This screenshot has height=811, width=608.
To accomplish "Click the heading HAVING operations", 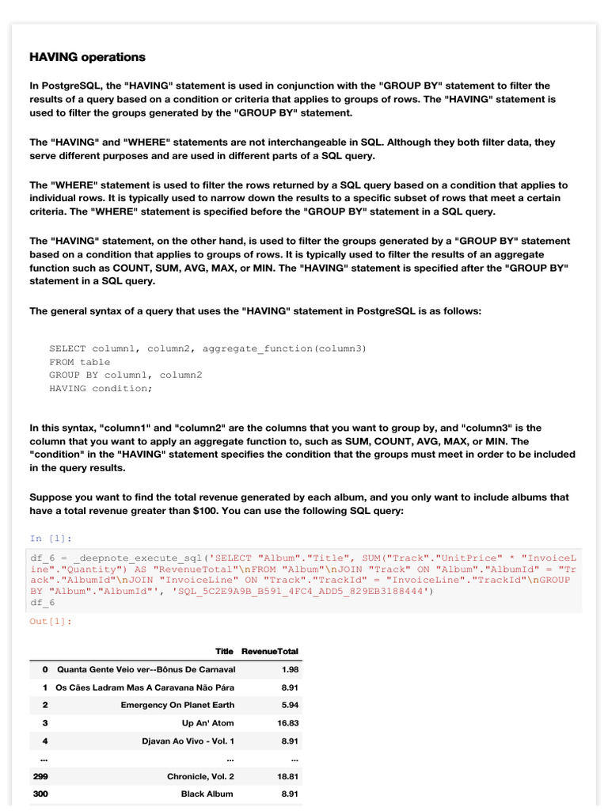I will click(x=87, y=57).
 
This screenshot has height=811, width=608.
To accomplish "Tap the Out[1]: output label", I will click(x=50, y=621).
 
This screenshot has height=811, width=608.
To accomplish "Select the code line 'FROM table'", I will click(x=79, y=362).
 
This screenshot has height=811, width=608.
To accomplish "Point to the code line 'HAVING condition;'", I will click(x=100, y=388).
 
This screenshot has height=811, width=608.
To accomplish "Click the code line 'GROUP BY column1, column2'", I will click(x=125, y=375).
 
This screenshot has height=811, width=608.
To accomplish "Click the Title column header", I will click(x=224, y=651).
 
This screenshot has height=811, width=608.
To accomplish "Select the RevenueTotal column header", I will click(x=270, y=651).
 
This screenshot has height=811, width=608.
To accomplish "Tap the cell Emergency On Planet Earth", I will click(x=177, y=705).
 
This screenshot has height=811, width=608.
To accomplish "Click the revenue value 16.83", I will click(x=287, y=723).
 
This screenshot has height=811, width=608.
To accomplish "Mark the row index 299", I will click(x=40, y=777).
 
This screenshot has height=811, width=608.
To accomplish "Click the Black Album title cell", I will click(x=207, y=794).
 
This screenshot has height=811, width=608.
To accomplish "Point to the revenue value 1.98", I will click(x=290, y=670).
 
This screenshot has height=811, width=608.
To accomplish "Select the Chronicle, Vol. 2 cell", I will click(x=200, y=777).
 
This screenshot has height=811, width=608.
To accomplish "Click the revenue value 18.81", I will click(x=287, y=777).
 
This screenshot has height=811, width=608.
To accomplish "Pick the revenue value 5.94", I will click(x=290, y=705).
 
